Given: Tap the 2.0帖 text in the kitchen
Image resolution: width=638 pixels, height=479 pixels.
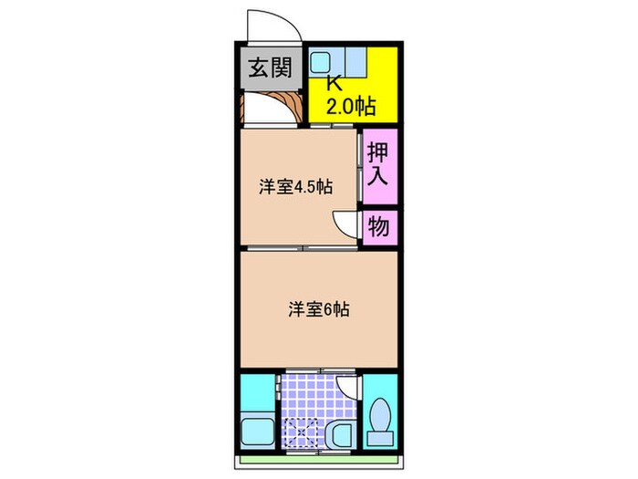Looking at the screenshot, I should coord(350,106).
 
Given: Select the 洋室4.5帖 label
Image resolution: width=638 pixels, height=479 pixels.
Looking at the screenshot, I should coord(294,187).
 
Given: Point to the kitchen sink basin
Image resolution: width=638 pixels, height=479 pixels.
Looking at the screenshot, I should coord(320,63).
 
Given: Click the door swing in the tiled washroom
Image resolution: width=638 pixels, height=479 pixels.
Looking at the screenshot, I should coord(345,389).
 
